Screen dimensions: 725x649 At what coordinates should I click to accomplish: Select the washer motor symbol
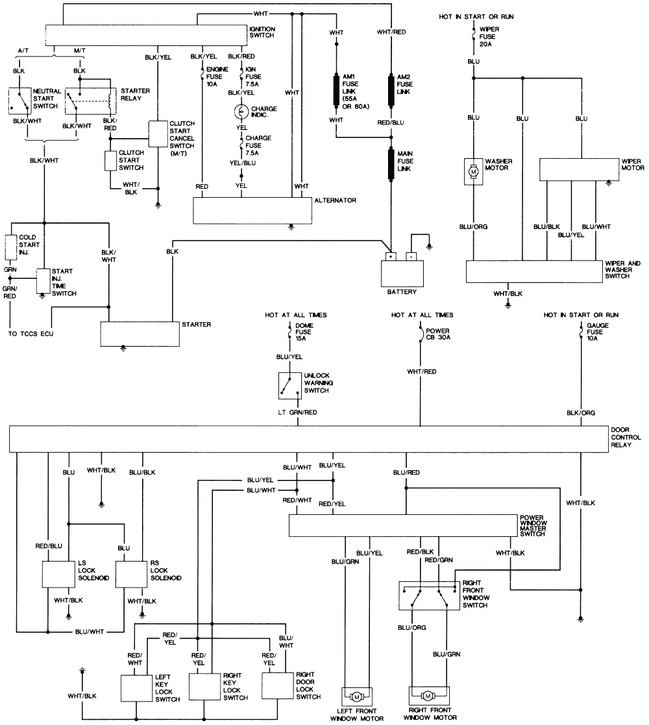click(x=474, y=172)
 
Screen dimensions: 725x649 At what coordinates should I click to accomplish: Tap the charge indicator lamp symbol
click(x=241, y=113)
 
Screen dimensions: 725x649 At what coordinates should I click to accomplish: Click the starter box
click(x=139, y=333)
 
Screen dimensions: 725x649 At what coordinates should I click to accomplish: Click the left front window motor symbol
click(x=355, y=696)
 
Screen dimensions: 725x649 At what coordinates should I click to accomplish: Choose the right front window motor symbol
click(x=428, y=696)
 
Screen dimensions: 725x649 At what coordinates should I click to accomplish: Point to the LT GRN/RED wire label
click(x=297, y=412)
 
